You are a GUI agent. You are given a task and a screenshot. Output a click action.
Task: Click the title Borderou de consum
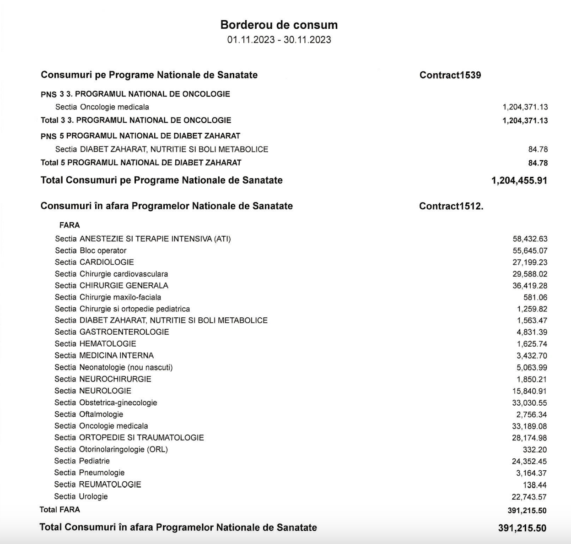[279, 25]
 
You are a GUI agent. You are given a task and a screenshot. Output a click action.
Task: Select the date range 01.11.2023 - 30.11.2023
[279, 40]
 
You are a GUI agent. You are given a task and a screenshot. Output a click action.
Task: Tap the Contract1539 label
[450, 75]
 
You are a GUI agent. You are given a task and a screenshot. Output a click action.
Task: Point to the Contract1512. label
[451, 206]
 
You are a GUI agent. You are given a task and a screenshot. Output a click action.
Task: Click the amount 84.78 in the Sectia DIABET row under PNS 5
[538, 149]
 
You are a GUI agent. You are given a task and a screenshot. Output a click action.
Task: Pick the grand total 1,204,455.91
[519, 180]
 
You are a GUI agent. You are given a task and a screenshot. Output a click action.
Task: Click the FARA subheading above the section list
[70, 225]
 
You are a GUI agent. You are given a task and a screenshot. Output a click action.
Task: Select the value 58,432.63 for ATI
[530, 239]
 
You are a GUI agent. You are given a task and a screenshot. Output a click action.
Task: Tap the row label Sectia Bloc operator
[91, 250]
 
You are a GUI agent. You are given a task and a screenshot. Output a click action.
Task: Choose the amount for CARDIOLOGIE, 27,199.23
[530, 262]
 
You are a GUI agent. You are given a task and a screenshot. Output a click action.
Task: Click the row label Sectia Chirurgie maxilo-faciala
[108, 297]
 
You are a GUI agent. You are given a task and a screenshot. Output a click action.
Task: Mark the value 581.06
[535, 298]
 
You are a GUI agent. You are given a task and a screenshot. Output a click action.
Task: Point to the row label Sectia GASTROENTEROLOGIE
[112, 332]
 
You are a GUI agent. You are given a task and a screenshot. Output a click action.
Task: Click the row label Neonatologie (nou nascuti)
[113, 367]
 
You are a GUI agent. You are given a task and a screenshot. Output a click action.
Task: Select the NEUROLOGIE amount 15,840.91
[530, 391]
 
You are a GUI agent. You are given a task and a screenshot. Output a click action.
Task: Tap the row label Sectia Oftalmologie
[89, 414]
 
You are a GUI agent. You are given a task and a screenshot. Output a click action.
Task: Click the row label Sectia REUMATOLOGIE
[97, 484]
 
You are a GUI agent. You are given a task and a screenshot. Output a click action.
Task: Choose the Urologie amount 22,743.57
[529, 497]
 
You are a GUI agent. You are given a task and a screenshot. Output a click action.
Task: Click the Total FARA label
[60, 510]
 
